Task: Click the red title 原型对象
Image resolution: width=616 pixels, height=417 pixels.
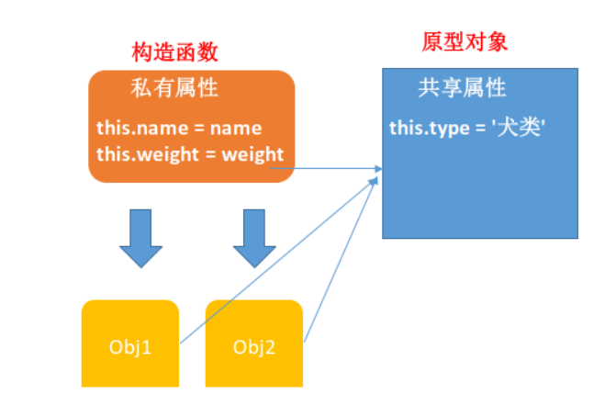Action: click(465, 43)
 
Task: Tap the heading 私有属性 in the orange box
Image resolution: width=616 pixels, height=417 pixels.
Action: click(174, 89)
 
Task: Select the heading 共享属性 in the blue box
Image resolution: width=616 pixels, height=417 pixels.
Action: click(462, 89)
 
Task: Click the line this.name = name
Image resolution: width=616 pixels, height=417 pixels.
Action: click(179, 129)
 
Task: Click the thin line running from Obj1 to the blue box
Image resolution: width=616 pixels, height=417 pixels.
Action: click(275, 262)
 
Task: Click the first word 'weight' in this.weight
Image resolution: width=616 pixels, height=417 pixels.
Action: click(171, 153)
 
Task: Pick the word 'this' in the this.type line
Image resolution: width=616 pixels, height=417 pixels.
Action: click(405, 128)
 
